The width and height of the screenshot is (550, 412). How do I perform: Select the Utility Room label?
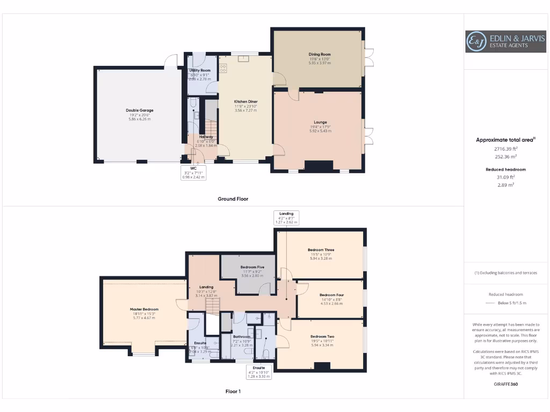click(x=200, y=70)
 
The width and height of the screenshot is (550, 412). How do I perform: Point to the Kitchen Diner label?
click(x=245, y=101)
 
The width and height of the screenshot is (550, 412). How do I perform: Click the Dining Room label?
click(x=319, y=54)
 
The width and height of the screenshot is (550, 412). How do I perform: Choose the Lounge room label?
click(x=321, y=122)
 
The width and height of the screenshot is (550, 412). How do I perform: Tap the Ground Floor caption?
click(x=233, y=198)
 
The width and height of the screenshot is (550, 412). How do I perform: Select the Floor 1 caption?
click(x=233, y=392)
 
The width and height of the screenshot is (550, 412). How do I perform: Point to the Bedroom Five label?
click(x=252, y=267)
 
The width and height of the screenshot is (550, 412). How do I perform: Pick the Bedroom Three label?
click(x=321, y=250)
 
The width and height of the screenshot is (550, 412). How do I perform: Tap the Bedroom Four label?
click(x=331, y=295)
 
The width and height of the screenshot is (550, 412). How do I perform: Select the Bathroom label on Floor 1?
click(x=242, y=337)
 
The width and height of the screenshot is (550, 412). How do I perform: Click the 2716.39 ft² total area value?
click(x=505, y=149)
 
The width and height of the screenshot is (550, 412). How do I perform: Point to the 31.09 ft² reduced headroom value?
click(x=505, y=176)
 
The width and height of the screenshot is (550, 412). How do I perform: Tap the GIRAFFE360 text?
click(x=505, y=384)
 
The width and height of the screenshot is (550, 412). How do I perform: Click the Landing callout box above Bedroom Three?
click(x=286, y=217)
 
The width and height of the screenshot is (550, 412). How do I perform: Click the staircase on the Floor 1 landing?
click(x=213, y=306)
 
